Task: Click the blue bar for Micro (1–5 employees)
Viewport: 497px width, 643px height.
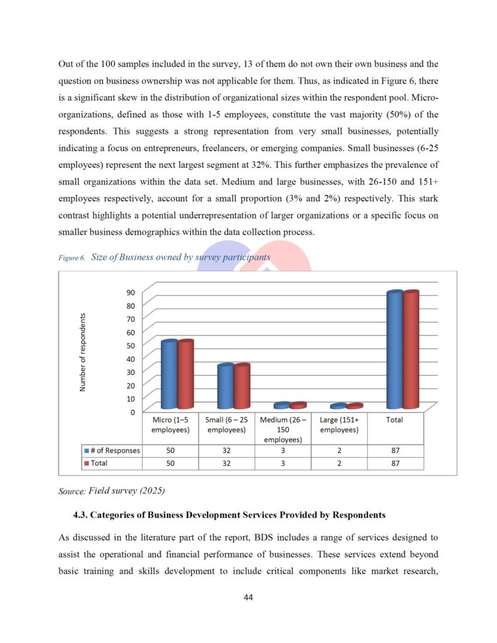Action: tap(168, 375)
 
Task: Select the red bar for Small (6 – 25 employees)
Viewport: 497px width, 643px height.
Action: tap(242, 386)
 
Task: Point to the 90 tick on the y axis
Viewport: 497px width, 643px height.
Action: tap(130, 292)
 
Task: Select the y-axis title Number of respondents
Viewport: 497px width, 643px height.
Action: tap(82, 352)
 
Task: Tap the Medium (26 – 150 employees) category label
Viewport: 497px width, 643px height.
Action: tap(283, 430)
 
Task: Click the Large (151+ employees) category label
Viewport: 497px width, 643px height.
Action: tap(339, 424)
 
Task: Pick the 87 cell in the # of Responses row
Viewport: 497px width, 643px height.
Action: tap(395, 451)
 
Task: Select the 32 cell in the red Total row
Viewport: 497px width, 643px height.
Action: tap(226, 463)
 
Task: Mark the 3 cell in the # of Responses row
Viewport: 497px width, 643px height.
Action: tap(283, 451)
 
